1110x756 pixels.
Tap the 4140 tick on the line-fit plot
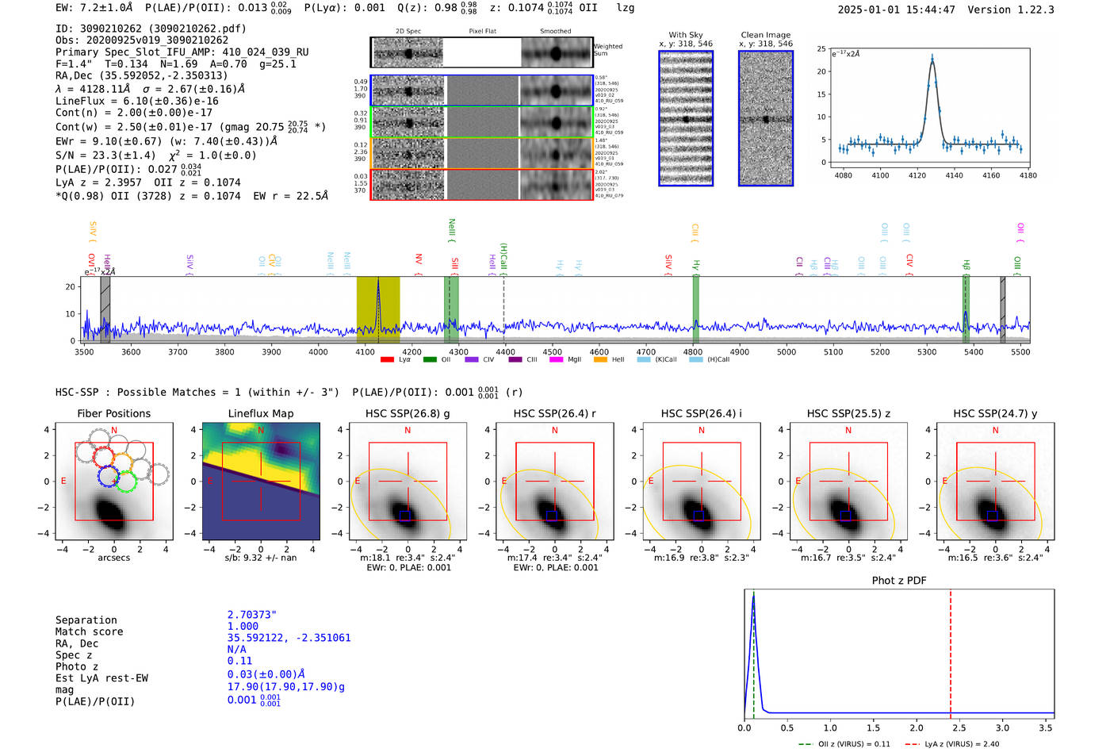(954, 175)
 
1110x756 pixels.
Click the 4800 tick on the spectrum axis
(693, 352)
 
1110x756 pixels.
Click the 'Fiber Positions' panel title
(113, 413)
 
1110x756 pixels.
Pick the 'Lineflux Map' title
(260, 413)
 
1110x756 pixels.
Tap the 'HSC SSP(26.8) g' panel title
(408, 413)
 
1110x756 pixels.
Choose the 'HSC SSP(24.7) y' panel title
(995, 413)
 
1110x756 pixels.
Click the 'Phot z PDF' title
(899, 581)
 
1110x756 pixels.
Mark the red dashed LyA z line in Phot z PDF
(950, 650)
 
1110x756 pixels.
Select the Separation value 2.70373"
(252, 615)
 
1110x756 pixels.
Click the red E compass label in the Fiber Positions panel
(63, 481)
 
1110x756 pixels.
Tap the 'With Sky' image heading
(686, 35)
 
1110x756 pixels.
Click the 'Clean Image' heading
(765, 35)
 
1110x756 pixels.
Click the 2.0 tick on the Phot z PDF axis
(916, 727)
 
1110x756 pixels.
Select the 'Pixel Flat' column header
(482, 31)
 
